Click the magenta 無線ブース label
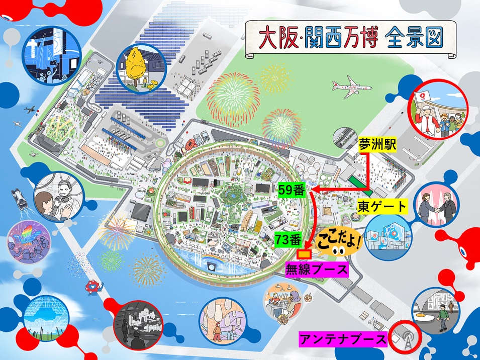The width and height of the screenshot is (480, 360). coord(316,269)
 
